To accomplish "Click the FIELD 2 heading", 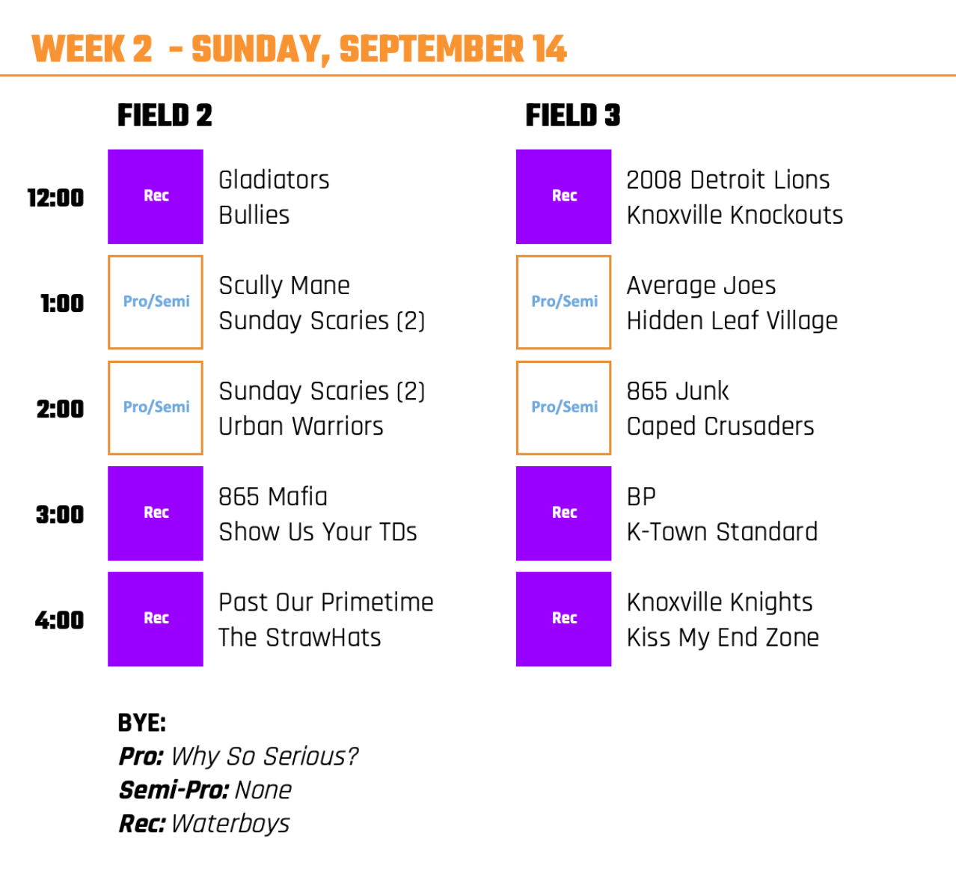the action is tap(165, 115).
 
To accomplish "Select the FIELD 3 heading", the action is tap(573, 115).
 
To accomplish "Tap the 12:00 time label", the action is tap(56, 198).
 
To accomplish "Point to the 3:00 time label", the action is tap(60, 514).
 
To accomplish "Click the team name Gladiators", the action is tap(274, 180).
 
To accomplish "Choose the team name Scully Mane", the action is tap(284, 286).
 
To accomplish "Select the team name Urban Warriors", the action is tap(301, 426).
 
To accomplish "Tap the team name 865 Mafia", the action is tap(273, 497).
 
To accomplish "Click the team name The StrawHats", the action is tap(300, 638).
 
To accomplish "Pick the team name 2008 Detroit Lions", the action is tap(728, 180).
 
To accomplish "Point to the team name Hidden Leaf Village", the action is tap(732, 320).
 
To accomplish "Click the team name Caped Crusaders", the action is tap(720, 427).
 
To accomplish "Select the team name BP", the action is tap(642, 497).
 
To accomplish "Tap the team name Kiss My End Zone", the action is tap(723, 638).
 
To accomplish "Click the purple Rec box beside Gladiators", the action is tap(156, 197).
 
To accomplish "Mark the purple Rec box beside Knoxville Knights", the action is tap(564, 619).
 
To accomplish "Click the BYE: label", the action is tap(141, 723).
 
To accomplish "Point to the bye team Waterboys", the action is tap(230, 824).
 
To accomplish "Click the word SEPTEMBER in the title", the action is tap(432, 49).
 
